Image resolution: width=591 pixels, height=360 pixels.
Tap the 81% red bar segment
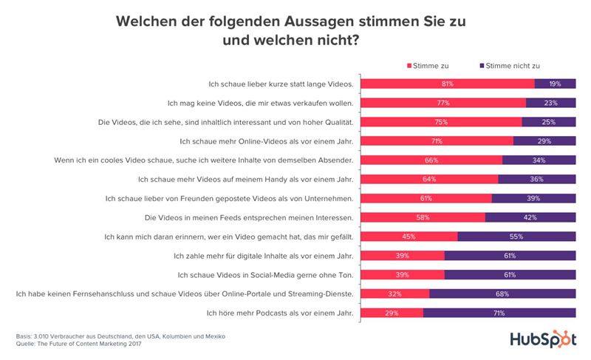[x=448, y=84]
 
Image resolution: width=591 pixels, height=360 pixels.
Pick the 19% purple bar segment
[x=555, y=84]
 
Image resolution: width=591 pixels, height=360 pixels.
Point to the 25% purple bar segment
[x=549, y=122]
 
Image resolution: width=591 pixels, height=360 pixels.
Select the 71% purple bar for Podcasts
[x=499, y=313]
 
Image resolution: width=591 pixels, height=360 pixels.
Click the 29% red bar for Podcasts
[x=392, y=313]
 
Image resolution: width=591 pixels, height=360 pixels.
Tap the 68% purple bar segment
[x=502, y=294]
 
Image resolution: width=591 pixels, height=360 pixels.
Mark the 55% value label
[x=516, y=237]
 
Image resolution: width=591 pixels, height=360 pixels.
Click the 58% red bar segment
[x=423, y=217]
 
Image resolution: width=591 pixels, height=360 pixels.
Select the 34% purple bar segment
[x=539, y=160]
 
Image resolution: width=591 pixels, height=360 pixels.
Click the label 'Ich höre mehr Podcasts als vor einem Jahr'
[x=279, y=313]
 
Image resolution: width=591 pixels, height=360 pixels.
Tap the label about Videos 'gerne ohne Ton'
[x=267, y=275]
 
